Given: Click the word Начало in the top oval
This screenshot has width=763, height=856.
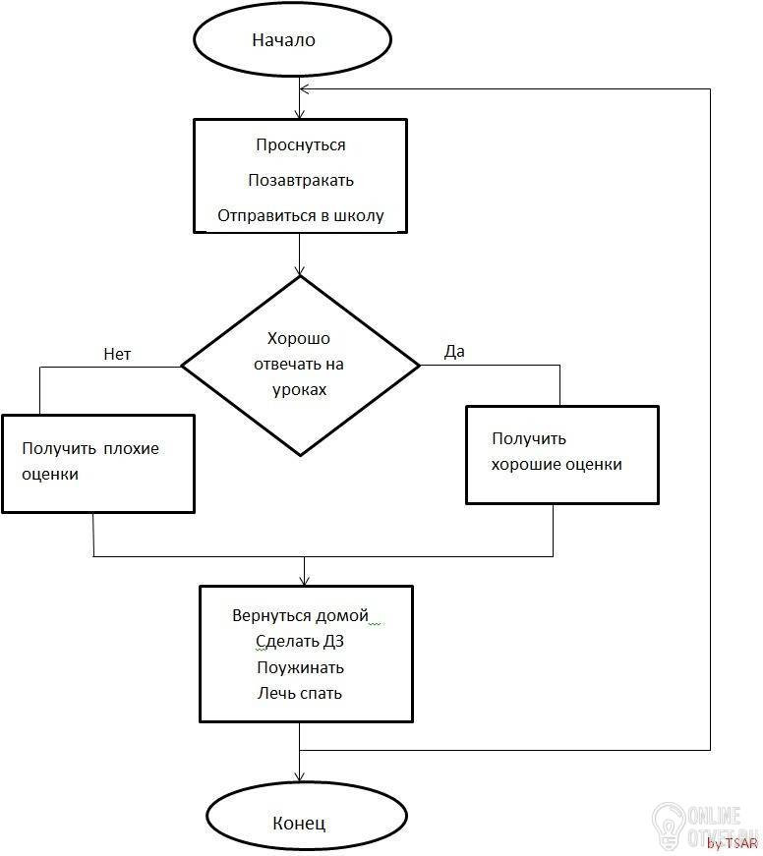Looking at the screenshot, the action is pyautogui.click(x=283, y=40).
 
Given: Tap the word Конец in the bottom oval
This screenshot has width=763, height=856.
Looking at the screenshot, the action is pyautogui.click(x=299, y=823).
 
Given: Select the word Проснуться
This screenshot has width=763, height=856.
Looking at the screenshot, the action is pyautogui.click(x=301, y=145).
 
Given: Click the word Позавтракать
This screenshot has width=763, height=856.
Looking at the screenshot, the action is pyautogui.click(x=301, y=180).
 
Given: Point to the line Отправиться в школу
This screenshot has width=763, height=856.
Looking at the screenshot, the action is pyautogui.click(x=301, y=216).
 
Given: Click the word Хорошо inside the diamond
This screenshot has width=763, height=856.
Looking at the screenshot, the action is pyautogui.click(x=298, y=339).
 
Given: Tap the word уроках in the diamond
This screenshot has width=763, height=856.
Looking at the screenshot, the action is pyautogui.click(x=299, y=390).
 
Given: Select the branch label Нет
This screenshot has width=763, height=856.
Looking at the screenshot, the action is pyautogui.click(x=117, y=355).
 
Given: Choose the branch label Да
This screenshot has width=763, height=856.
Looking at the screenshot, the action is pyautogui.click(x=454, y=352).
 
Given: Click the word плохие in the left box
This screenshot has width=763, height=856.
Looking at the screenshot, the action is pyautogui.click(x=131, y=449).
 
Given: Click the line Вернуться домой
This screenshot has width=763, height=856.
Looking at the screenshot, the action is pyautogui.click(x=301, y=616).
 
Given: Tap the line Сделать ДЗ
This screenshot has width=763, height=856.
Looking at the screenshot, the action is pyautogui.click(x=300, y=642).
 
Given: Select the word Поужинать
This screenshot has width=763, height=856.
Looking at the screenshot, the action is pyautogui.click(x=301, y=667).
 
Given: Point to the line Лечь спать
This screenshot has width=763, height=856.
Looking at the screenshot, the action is pyautogui.click(x=300, y=693).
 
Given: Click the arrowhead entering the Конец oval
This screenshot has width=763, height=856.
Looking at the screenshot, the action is pyautogui.click(x=299, y=776).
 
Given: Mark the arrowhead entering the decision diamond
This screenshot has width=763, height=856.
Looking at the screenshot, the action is pyautogui.click(x=299, y=271).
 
